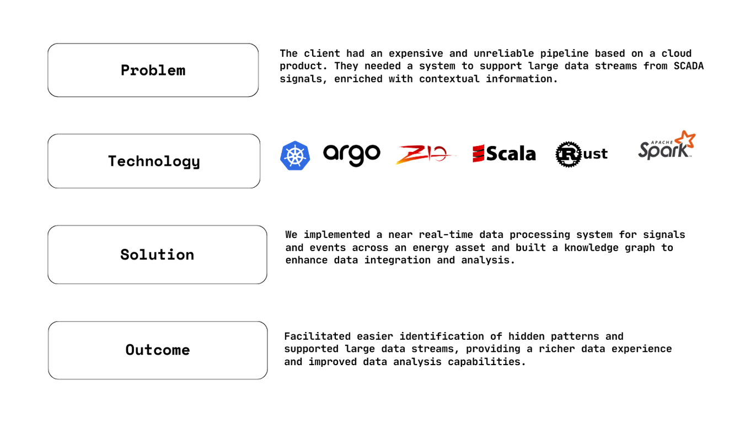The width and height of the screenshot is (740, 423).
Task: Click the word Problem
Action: point(153,70)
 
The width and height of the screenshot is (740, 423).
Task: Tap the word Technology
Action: point(154,161)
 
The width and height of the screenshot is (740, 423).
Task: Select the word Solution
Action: point(157,254)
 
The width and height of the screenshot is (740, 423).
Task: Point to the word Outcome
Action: point(158,350)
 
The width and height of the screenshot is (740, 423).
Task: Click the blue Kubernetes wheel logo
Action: point(295,155)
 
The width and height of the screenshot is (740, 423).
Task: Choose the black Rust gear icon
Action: point(569,154)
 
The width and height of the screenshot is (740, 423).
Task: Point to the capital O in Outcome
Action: point(130,350)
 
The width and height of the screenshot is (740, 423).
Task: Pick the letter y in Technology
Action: point(195,163)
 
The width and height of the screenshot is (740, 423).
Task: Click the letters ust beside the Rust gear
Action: point(594,155)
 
